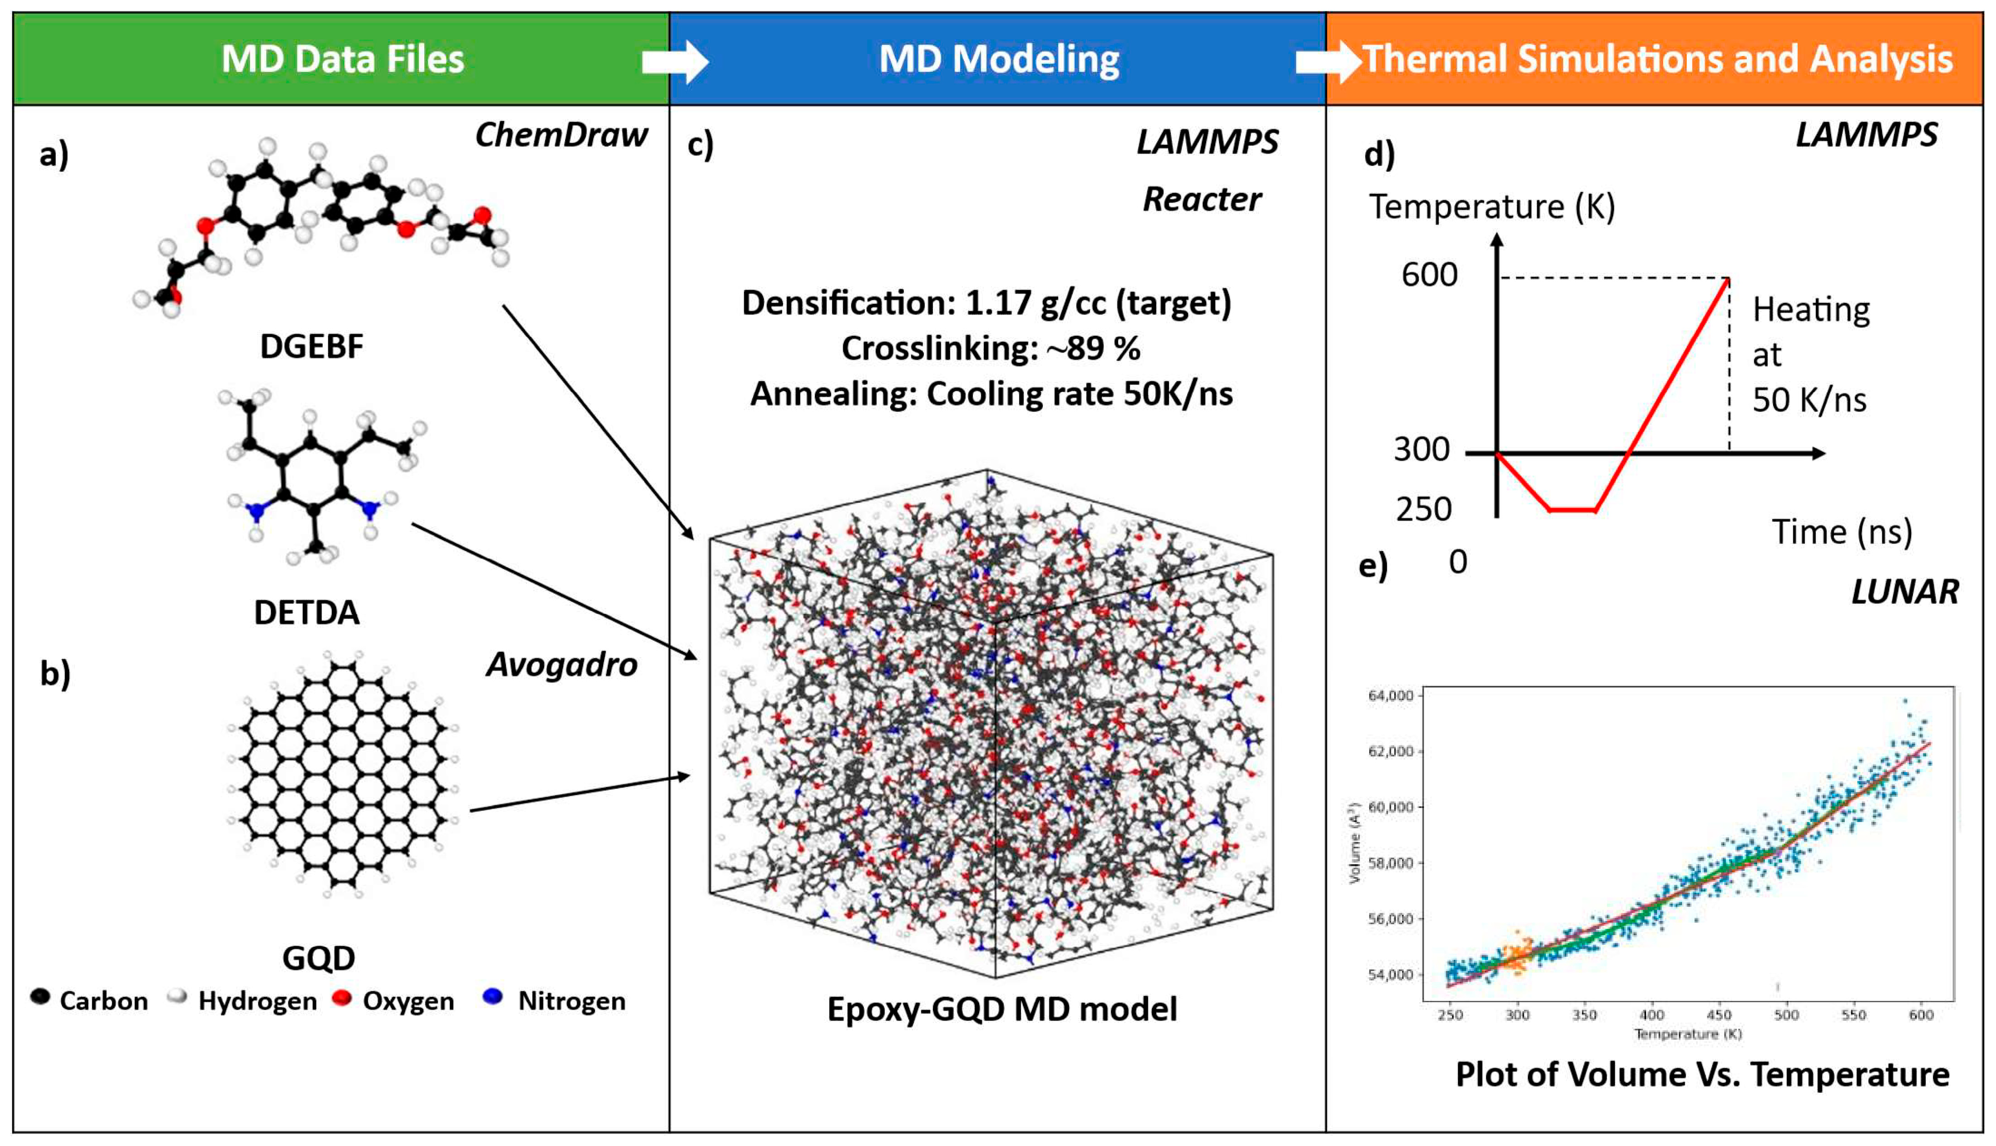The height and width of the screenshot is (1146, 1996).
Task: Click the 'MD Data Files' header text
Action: (343, 59)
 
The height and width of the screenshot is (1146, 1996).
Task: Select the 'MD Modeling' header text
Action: (998, 59)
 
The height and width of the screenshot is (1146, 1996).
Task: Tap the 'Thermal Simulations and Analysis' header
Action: (1657, 59)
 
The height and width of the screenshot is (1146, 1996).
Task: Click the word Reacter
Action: (1202, 199)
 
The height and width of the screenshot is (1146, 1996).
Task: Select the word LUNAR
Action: (1905, 592)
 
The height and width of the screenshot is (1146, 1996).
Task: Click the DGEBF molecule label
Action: (312, 346)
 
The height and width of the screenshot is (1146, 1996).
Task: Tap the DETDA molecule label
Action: (306, 612)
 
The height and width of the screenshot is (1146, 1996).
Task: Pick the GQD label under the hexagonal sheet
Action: (318, 958)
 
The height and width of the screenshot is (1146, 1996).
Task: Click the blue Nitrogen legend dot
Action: (493, 997)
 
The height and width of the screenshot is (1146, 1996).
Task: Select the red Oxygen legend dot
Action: (342, 998)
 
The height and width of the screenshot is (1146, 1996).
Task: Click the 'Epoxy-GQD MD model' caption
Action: (1001, 1009)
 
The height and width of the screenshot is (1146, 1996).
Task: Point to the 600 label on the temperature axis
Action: (1429, 274)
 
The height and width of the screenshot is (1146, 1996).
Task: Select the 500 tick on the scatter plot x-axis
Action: (1786, 1015)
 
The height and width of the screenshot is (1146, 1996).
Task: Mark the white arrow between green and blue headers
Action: (675, 61)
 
